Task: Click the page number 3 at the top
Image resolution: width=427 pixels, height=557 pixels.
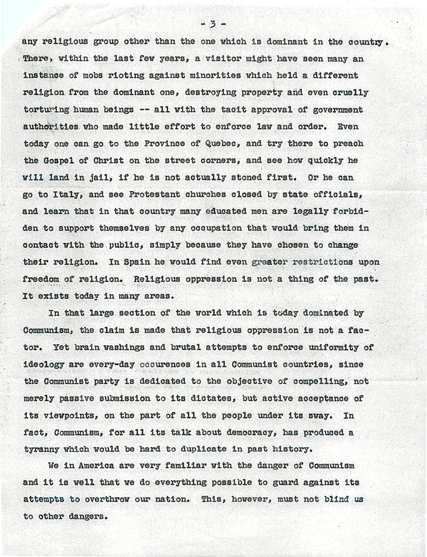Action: click(213, 24)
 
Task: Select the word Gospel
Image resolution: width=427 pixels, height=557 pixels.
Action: click(55, 161)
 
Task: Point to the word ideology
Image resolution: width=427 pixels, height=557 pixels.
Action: click(42, 364)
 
